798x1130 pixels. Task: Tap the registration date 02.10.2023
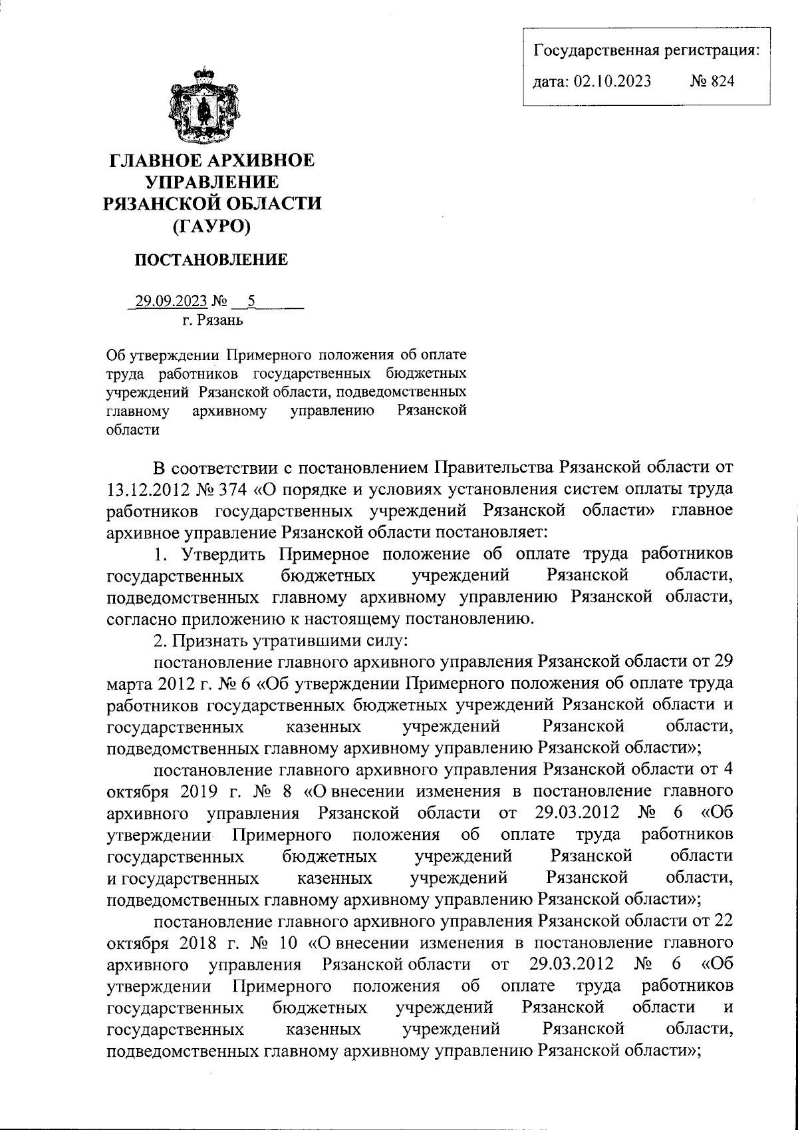tap(612, 81)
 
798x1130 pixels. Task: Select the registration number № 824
tap(712, 81)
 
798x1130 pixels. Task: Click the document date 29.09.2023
tap(171, 301)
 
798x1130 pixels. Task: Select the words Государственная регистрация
tap(647, 50)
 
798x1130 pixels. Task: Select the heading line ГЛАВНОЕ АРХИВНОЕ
tap(211, 161)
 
